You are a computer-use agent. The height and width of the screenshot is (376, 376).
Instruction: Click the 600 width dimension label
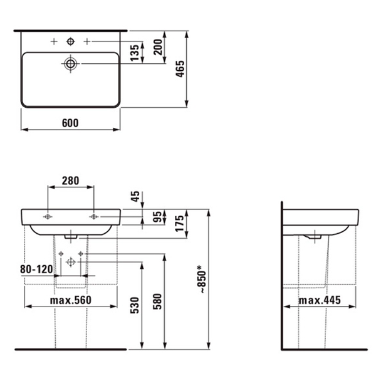click(70, 123)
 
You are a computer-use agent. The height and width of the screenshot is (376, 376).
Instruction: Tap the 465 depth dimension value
click(180, 69)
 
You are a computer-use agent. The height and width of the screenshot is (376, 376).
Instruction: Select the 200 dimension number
click(158, 47)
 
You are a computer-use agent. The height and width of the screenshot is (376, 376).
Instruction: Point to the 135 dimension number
click(135, 53)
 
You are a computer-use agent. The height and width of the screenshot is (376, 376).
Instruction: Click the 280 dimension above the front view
click(70, 181)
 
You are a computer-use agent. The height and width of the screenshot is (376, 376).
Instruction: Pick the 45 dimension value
click(135, 196)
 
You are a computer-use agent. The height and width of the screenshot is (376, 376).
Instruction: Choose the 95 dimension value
click(157, 217)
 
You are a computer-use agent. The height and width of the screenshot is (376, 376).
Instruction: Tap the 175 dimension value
click(180, 224)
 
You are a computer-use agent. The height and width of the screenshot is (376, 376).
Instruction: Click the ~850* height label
click(202, 279)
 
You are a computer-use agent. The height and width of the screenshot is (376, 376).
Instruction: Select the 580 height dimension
click(157, 301)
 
